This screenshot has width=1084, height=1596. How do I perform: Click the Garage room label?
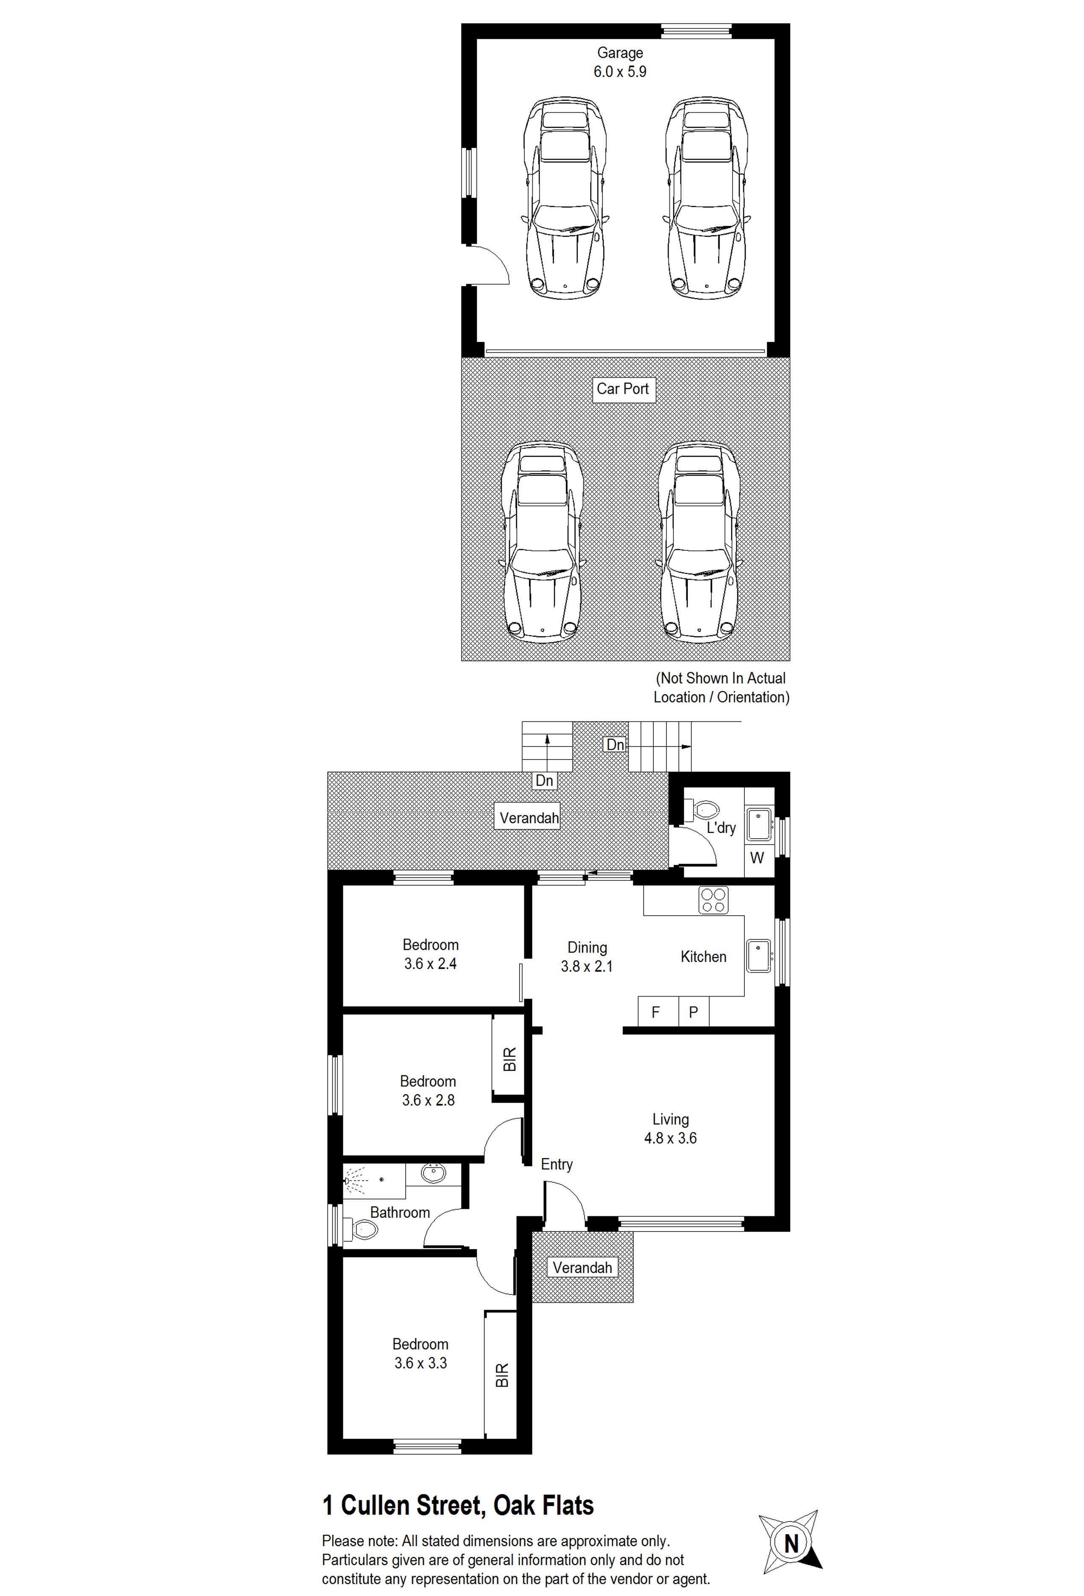pyautogui.click(x=619, y=53)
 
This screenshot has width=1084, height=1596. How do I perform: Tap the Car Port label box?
pyautogui.click(x=623, y=389)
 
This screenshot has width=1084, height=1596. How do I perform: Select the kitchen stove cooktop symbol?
pyautogui.click(x=713, y=900)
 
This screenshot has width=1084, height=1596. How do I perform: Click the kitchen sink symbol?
pyautogui.click(x=759, y=956)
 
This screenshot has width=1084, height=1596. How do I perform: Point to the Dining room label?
pyautogui.click(x=587, y=948)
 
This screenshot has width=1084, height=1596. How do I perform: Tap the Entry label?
pyautogui.click(x=556, y=1164)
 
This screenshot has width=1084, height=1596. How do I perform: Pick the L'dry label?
pyautogui.click(x=721, y=828)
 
